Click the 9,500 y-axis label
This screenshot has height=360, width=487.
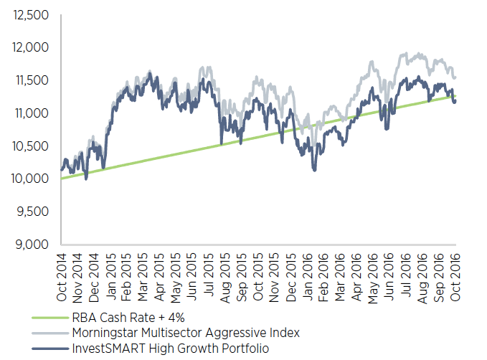32,212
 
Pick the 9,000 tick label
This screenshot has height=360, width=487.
32,245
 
